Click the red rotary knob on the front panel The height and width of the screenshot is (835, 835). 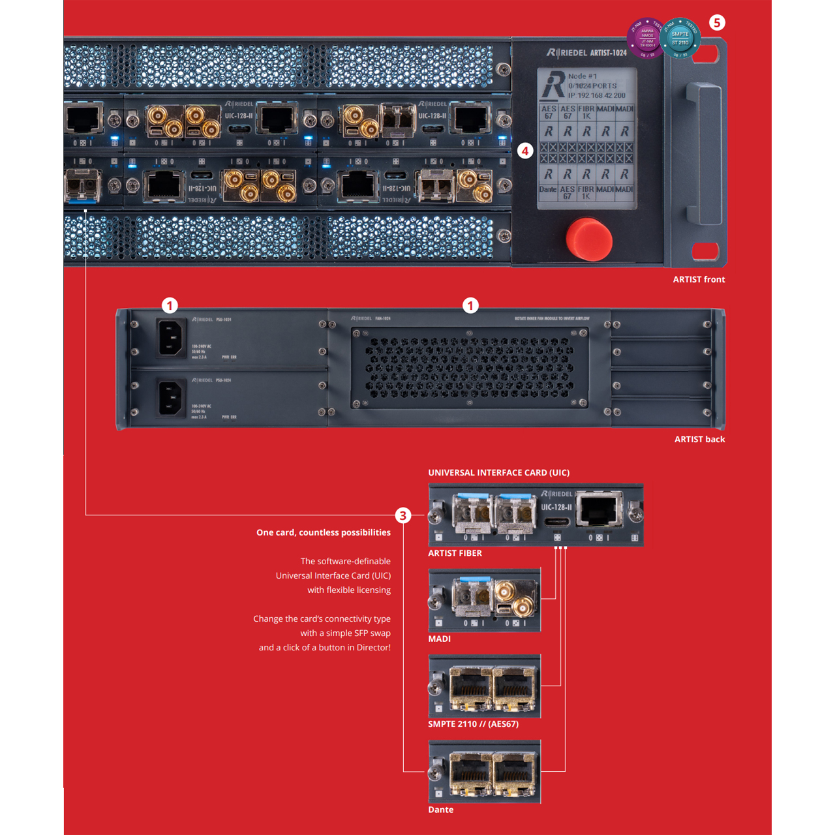pyautogui.click(x=589, y=239)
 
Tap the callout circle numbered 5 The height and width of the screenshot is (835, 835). pyautogui.click(x=717, y=23)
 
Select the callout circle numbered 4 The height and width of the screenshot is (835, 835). pyautogui.click(x=525, y=151)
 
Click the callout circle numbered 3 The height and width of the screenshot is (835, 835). pyautogui.click(x=403, y=515)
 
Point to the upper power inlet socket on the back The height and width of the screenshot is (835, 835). pyautogui.click(x=171, y=338)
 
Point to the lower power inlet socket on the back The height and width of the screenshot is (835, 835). pyautogui.click(x=171, y=397)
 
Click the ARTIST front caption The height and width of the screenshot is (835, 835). pyautogui.click(x=699, y=279)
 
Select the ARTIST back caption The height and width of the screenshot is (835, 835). pyautogui.click(x=699, y=439)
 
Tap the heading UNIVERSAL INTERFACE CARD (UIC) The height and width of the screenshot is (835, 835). pyautogui.click(x=498, y=472)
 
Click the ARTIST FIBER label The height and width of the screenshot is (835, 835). pyautogui.click(x=455, y=553)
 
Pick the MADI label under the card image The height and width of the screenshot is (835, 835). pyautogui.click(x=439, y=639)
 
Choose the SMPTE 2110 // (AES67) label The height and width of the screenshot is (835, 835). pyautogui.click(x=473, y=724)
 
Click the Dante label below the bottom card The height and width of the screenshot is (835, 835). pyautogui.click(x=440, y=810)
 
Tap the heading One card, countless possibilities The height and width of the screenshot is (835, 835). pyautogui.click(x=324, y=532)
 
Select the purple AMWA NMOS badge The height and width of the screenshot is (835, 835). pyautogui.click(x=645, y=38)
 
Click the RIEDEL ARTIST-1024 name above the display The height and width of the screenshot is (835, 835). pyautogui.click(x=586, y=52)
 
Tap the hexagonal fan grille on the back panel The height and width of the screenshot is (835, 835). pyautogui.click(x=470, y=368)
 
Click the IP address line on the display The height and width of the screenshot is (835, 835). pyautogui.click(x=596, y=95)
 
